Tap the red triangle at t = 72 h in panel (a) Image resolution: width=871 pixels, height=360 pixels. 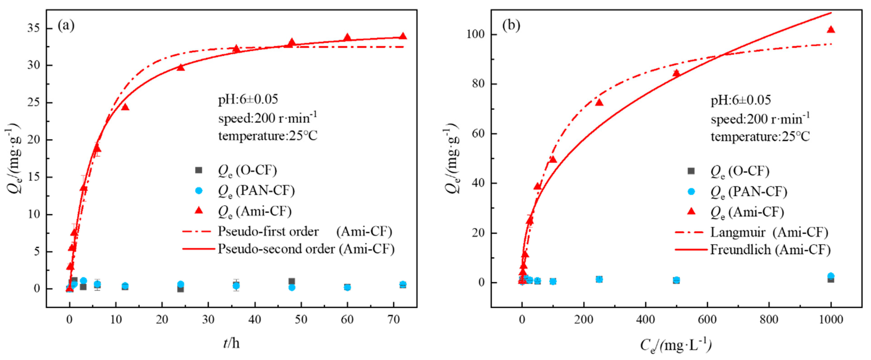click(x=403, y=36)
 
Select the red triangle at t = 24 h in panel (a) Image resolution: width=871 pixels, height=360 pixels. click(x=180, y=67)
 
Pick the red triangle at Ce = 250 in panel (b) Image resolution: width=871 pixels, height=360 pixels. click(x=599, y=102)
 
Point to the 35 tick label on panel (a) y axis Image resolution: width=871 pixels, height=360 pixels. click(x=33, y=28)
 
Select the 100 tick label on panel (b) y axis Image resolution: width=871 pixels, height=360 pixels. click(x=476, y=34)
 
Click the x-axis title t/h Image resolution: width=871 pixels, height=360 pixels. click(x=231, y=343)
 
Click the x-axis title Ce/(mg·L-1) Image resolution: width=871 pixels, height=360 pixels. click(x=676, y=345)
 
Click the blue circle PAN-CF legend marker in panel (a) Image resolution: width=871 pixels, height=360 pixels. click(x=199, y=191)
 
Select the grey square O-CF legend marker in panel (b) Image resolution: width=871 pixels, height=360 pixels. click(x=691, y=171)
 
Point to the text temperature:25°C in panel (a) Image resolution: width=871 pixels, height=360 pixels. click(x=268, y=136)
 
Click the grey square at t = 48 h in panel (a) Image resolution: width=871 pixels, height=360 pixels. click(x=292, y=281)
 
